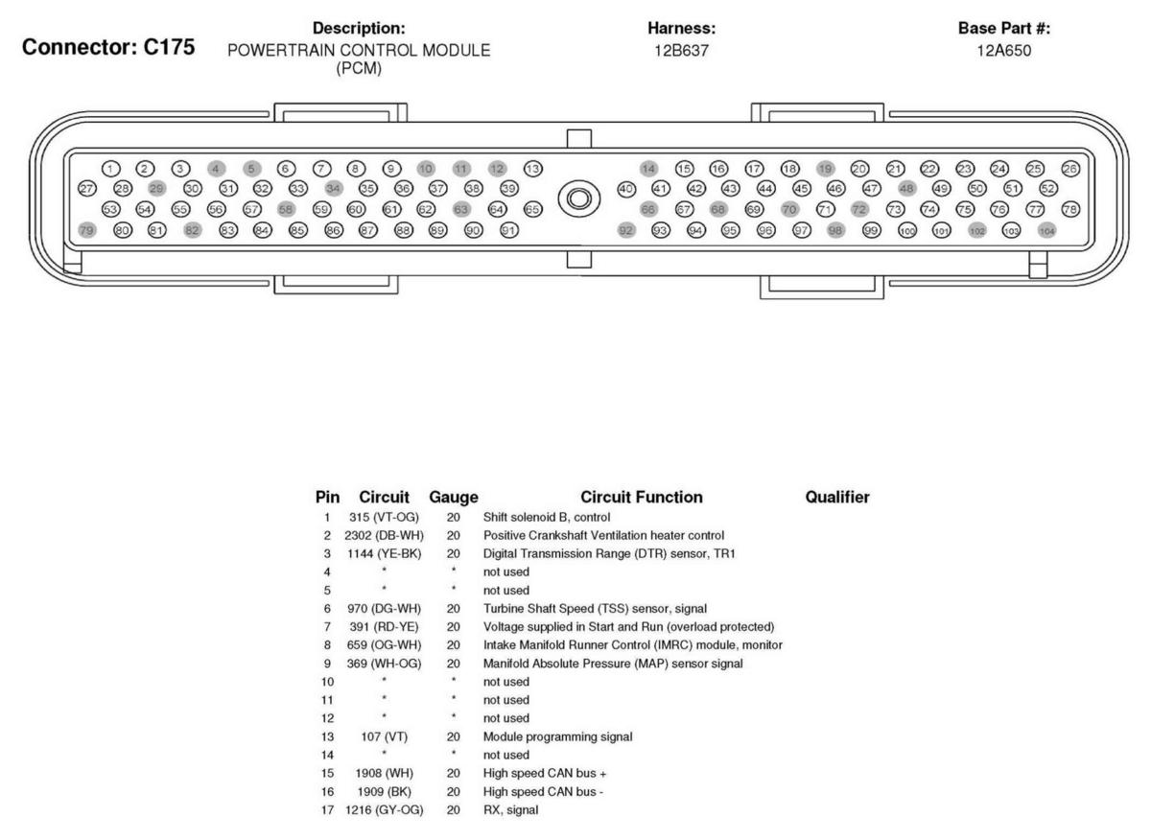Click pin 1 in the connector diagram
coord(112,169)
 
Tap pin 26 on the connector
coord(1070,169)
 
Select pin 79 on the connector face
coord(87,230)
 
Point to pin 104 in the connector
coord(1046,230)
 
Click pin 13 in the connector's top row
coord(533,169)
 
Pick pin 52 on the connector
coord(1047,189)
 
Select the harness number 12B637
coord(682,50)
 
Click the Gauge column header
coord(454,497)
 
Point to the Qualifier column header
coord(837,497)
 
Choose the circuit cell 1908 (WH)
coord(384,773)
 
